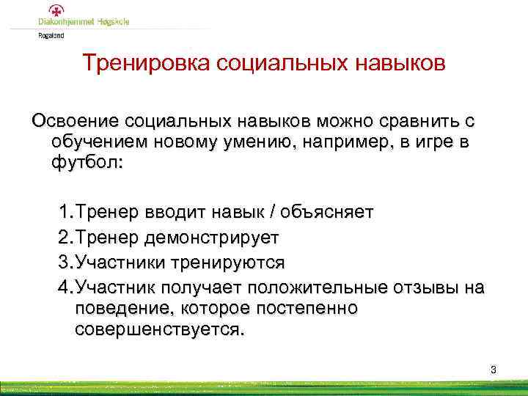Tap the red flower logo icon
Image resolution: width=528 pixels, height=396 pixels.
[55, 10]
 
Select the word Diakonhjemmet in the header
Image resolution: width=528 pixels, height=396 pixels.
[66, 22]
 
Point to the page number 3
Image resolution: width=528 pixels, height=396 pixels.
[494, 370]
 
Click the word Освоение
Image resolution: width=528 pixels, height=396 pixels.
[74, 120]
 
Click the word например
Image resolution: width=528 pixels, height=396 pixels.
[333, 141]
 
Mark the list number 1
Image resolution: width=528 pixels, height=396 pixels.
[63, 213]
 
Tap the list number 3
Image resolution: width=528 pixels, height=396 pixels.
[63, 262]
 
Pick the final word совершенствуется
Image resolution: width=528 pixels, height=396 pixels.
[158, 329]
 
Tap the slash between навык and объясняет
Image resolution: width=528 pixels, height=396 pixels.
[273, 213]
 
